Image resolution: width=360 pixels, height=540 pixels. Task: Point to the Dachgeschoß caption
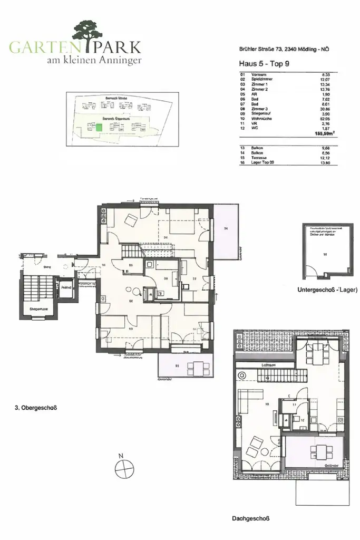tap(250, 519)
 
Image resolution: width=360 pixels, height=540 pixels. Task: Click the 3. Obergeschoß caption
tap(35, 408)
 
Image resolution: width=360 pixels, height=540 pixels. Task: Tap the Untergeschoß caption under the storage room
tap(327, 290)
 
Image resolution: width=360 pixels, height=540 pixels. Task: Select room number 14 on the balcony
tap(225, 229)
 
